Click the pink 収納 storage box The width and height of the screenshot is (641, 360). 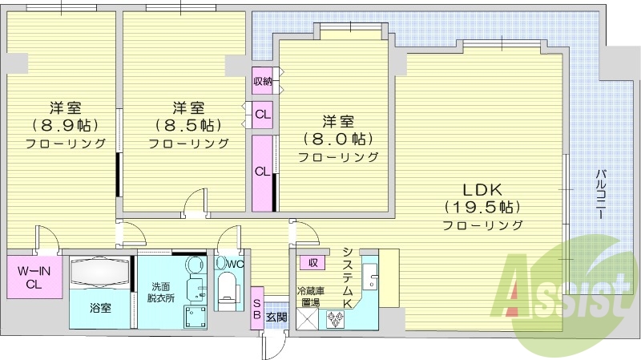(x=262, y=80)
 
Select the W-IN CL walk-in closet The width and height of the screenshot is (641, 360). (x=34, y=277)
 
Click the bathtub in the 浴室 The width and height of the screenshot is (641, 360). (x=99, y=273)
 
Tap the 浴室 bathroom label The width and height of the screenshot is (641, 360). (x=99, y=307)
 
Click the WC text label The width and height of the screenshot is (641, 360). (x=234, y=263)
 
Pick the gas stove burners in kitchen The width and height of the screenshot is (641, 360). (x=335, y=318)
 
